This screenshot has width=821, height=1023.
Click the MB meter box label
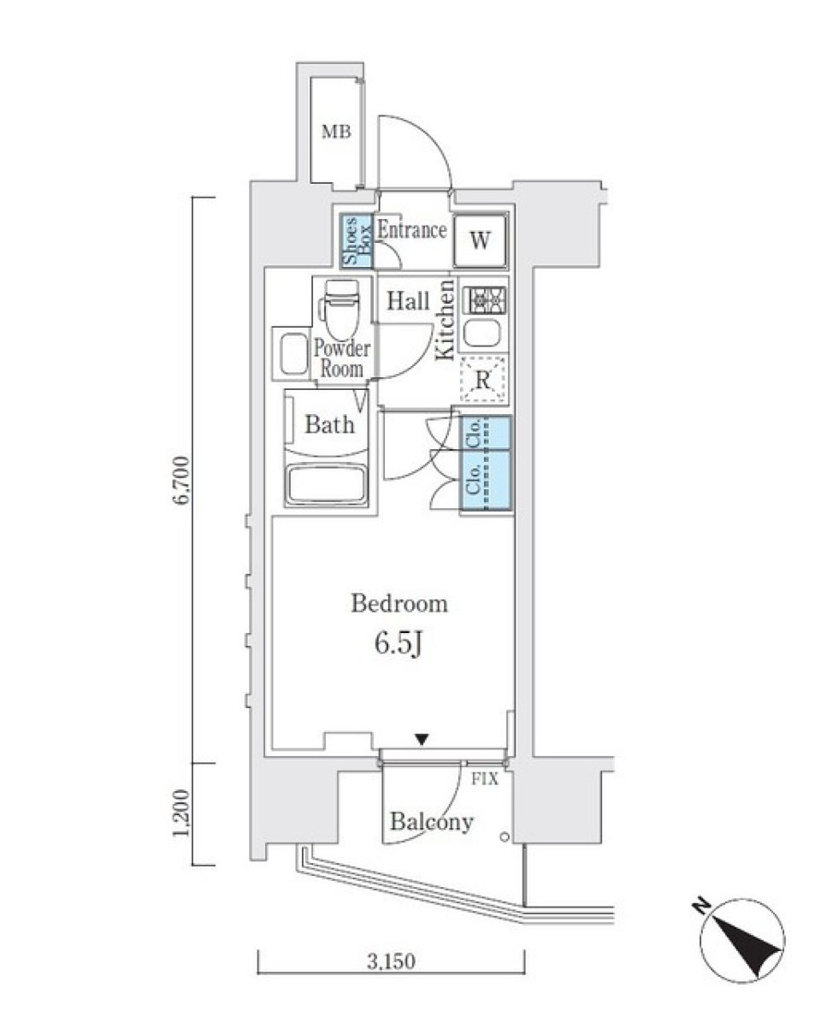point(336,132)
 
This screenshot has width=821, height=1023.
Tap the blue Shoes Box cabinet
point(357,242)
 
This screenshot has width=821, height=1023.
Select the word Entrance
point(412,230)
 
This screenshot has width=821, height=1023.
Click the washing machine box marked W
point(481,240)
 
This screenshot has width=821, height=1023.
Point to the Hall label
point(408,301)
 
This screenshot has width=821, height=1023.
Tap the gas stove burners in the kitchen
point(484,300)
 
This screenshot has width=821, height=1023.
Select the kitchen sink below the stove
point(484,334)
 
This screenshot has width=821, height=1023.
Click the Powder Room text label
point(341,359)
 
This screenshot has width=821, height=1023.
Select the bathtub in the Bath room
point(328,484)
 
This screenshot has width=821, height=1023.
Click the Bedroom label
point(399,604)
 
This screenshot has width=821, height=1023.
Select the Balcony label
point(431,823)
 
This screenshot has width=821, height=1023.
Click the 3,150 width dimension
point(391,962)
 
